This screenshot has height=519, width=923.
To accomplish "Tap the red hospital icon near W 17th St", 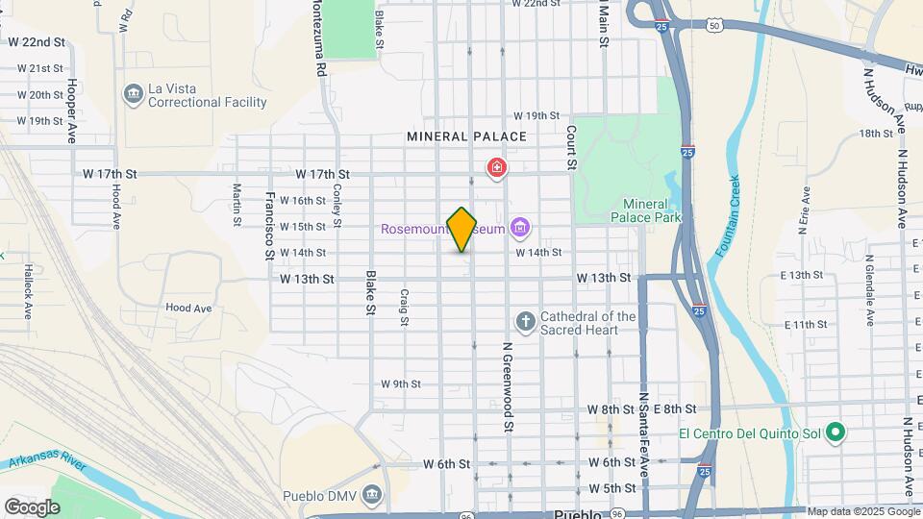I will tap(496, 170).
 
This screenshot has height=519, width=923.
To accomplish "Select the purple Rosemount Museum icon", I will tap(520, 228).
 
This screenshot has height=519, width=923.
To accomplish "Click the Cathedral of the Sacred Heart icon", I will tap(525, 321).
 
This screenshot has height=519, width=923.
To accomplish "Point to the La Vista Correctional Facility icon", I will tap(133, 94).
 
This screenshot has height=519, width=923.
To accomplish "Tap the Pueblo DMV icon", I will tap(373, 495).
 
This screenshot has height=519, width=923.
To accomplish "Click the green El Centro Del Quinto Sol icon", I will tap(836, 432).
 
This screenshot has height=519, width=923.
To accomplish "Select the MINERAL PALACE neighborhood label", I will tap(466, 136).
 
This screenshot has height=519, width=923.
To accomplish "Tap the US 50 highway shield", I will tap(713, 26).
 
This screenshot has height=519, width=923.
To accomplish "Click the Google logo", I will tap(32, 507).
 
